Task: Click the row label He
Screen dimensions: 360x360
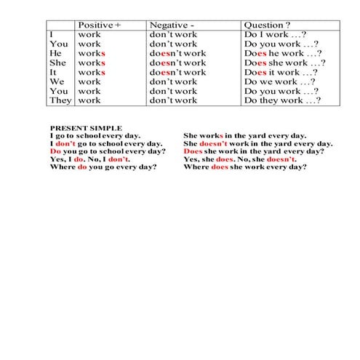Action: (55, 53)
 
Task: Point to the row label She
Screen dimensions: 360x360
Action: (57, 63)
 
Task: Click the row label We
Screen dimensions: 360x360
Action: (57, 81)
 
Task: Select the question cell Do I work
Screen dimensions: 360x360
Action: (274, 34)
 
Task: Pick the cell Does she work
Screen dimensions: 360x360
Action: (284, 63)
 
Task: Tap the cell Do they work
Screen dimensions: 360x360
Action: (281, 100)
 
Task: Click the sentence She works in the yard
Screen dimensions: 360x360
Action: (245, 136)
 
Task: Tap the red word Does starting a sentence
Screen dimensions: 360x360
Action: (193, 151)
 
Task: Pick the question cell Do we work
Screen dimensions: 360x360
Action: (279, 81)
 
